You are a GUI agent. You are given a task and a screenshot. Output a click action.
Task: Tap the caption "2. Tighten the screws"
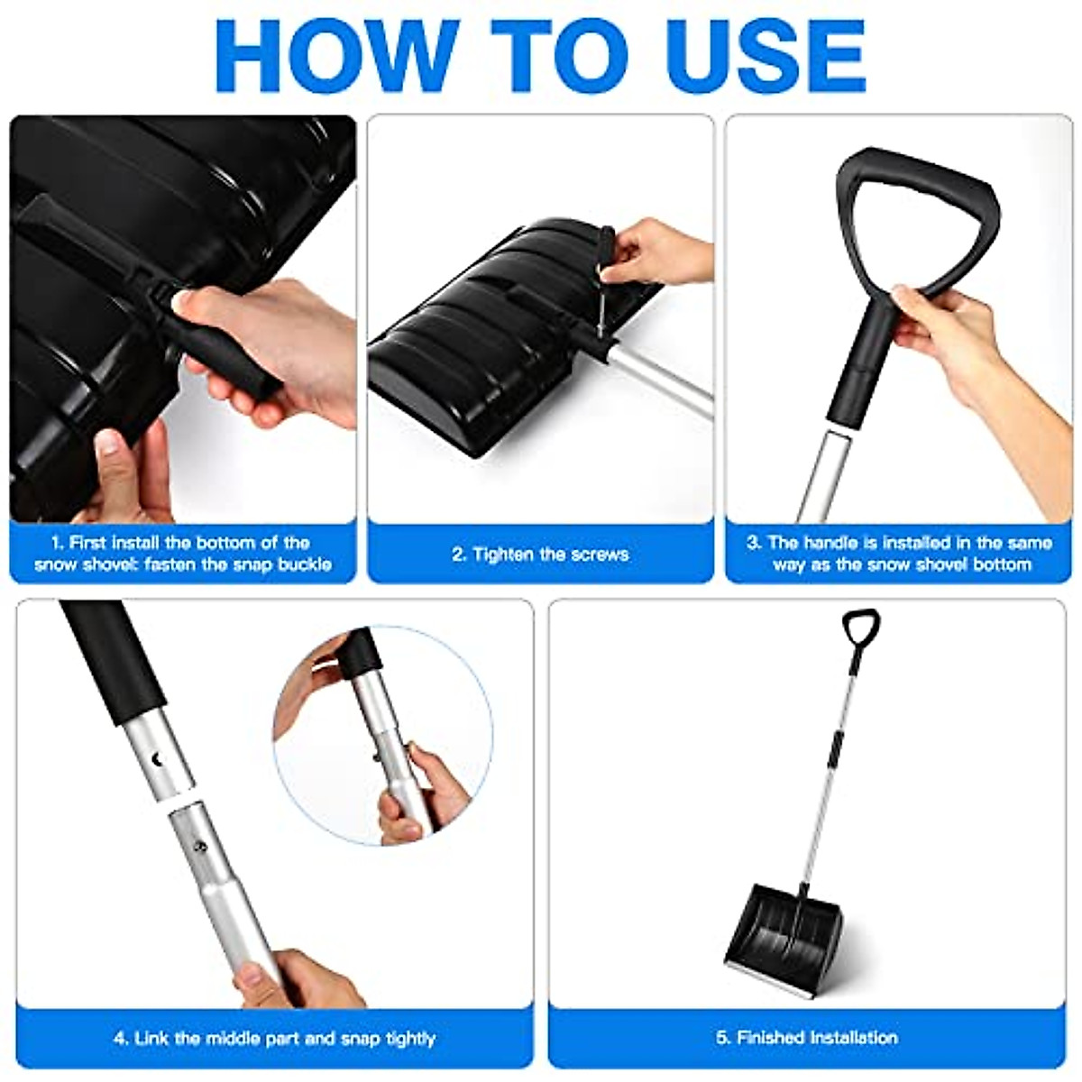pyautogui.click(x=540, y=554)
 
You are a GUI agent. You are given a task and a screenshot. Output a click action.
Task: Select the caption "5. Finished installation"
pyautogui.click(x=807, y=1037)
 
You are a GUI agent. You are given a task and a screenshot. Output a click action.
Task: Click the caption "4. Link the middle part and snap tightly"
pyautogui.click(x=274, y=1038)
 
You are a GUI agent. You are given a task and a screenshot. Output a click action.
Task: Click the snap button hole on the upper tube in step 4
pyautogui.click(x=161, y=760)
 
